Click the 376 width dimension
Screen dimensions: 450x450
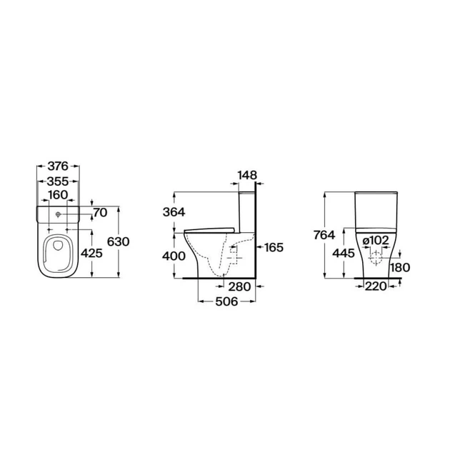(x=58, y=166)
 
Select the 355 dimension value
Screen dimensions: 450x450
(x=58, y=181)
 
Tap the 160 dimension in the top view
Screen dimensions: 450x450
(x=58, y=195)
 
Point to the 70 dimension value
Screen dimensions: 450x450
(x=101, y=213)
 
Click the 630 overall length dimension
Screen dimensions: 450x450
(x=119, y=242)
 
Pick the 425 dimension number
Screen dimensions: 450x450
(x=91, y=253)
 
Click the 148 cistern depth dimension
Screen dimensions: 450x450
(x=247, y=175)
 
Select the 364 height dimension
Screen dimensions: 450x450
(x=174, y=212)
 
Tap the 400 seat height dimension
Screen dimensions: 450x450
(x=174, y=256)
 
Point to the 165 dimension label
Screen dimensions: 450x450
(x=274, y=247)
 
